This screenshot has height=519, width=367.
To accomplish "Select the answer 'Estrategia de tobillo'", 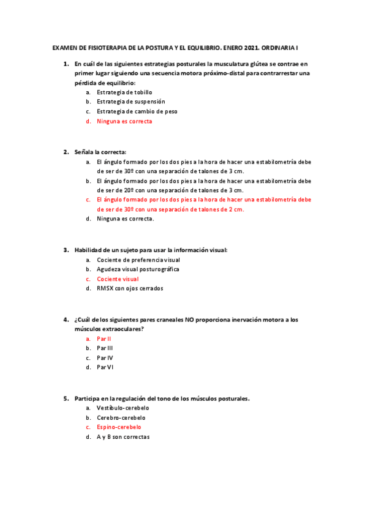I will coord(124,92).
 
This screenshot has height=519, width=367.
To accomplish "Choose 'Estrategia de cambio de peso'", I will coord(137,111).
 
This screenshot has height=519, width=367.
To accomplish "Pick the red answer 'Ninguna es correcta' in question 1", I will coord(124,121).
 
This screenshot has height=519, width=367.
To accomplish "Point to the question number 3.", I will coord(66,250).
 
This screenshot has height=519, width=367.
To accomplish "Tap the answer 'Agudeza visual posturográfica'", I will coord(138,269).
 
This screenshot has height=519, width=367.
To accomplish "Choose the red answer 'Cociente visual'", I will coord(117,279).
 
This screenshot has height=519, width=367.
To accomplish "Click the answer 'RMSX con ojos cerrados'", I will coord(130,288).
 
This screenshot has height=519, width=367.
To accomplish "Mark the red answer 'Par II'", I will coord(104,338).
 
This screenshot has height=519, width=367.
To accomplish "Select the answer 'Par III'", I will coord(105,348).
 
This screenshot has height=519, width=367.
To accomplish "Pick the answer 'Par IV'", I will coord(105,358).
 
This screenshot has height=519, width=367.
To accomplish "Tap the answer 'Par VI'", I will coord(105,367).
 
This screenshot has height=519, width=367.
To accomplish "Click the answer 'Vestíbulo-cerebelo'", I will coord(123,408).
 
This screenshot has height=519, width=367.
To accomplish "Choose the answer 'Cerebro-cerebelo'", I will coord(121,417).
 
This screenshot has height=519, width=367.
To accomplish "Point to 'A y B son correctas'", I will coord(123,437).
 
